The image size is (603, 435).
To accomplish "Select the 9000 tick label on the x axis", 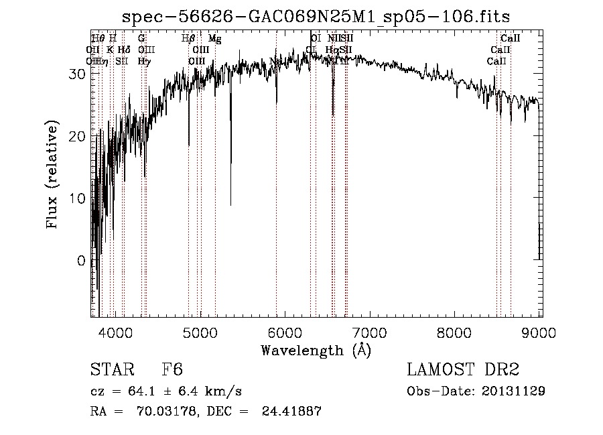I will (541, 331).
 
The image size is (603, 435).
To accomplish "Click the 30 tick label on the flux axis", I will (78, 74).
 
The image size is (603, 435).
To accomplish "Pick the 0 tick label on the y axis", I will (82, 261).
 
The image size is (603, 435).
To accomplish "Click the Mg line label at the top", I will (214, 39).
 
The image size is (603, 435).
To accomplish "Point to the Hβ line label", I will (188, 39).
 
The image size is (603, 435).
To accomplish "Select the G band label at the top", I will (141, 39).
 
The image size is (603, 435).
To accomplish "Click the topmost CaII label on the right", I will (511, 39).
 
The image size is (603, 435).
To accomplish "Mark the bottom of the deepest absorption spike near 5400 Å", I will (231, 205).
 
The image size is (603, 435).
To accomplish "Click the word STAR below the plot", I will (109, 371).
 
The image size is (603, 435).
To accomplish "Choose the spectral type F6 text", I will (172, 371).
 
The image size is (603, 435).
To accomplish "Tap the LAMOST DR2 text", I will (463, 370).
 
